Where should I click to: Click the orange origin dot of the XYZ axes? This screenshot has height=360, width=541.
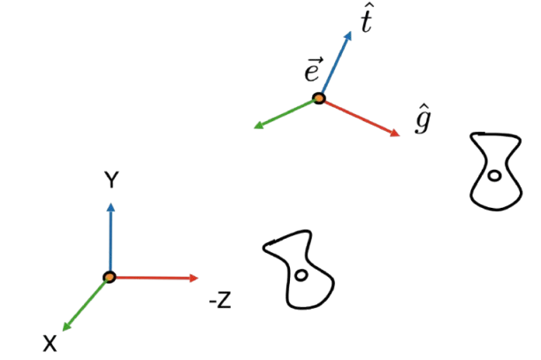110,277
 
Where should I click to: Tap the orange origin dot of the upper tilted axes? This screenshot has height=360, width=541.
318,97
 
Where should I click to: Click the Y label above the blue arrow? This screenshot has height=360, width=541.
111,180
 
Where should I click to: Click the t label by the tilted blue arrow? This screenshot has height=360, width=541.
366,18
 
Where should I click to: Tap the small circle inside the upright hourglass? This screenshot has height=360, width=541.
497,180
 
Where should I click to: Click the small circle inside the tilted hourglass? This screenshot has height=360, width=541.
303,277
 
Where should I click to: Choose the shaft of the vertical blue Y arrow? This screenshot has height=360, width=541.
110,239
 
